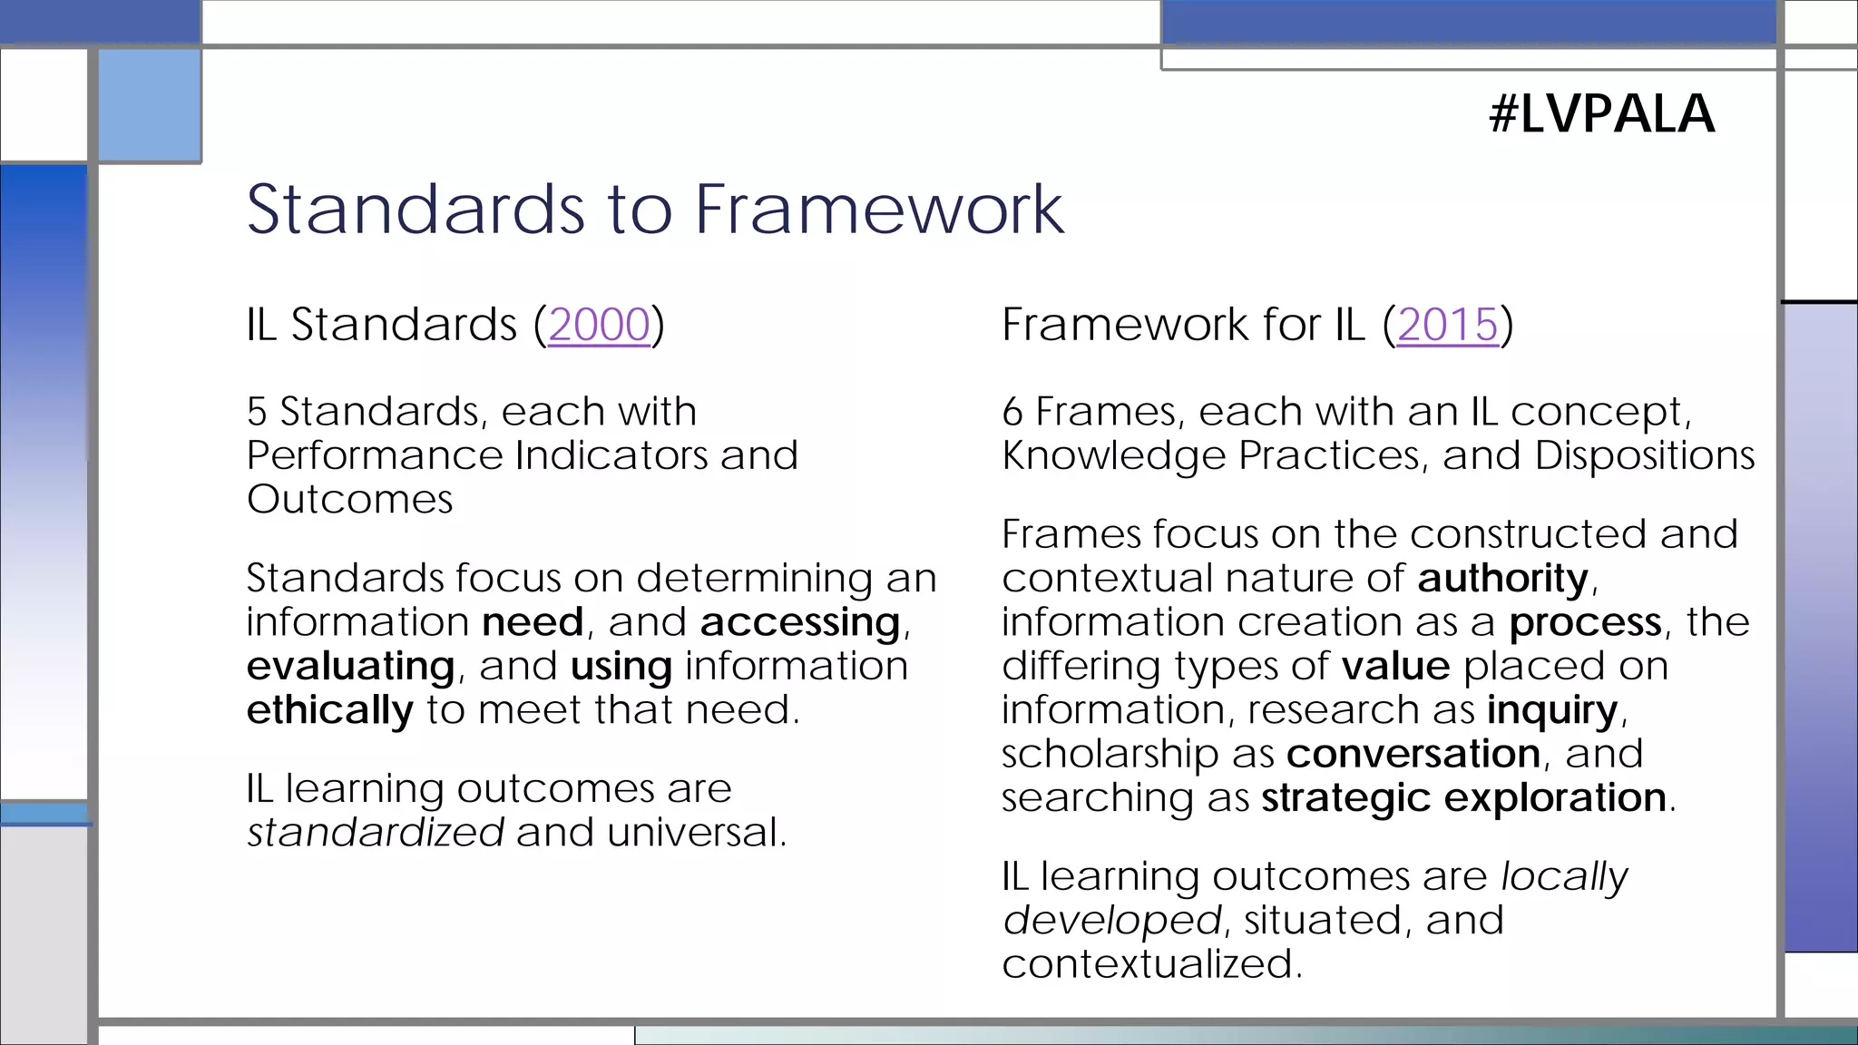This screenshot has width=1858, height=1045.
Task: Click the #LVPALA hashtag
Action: [1601, 114]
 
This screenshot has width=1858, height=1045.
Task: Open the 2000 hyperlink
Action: [599, 325]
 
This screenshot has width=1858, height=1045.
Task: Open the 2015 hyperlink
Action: [1447, 325]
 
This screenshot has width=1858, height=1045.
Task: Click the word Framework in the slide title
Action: [878, 210]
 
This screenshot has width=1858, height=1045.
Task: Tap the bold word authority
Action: [1502, 579]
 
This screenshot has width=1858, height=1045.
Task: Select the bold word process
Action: [1585, 622]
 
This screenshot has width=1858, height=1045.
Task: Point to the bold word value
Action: [1395, 667]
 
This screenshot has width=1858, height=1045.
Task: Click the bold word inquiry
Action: [1551, 710]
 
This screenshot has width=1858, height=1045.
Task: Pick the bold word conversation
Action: [1413, 754]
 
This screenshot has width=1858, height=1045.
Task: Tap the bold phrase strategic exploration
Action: [1463, 797]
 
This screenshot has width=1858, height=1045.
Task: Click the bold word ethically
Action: [329, 710]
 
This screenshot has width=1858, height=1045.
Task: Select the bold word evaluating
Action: [350, 667]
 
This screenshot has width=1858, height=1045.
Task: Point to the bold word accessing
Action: [799, 622]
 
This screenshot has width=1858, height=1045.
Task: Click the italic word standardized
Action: [376, 833]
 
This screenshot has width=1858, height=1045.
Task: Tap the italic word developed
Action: [1111, 921]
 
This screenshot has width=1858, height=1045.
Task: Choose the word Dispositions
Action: [1644, 455]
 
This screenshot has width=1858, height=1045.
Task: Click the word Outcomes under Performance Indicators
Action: [349, 500]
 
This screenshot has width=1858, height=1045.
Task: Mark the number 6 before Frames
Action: [1012, 413]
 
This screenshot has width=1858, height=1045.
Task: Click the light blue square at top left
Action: [150, 105]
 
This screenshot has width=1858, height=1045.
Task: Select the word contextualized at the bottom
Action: [1150, 963]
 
